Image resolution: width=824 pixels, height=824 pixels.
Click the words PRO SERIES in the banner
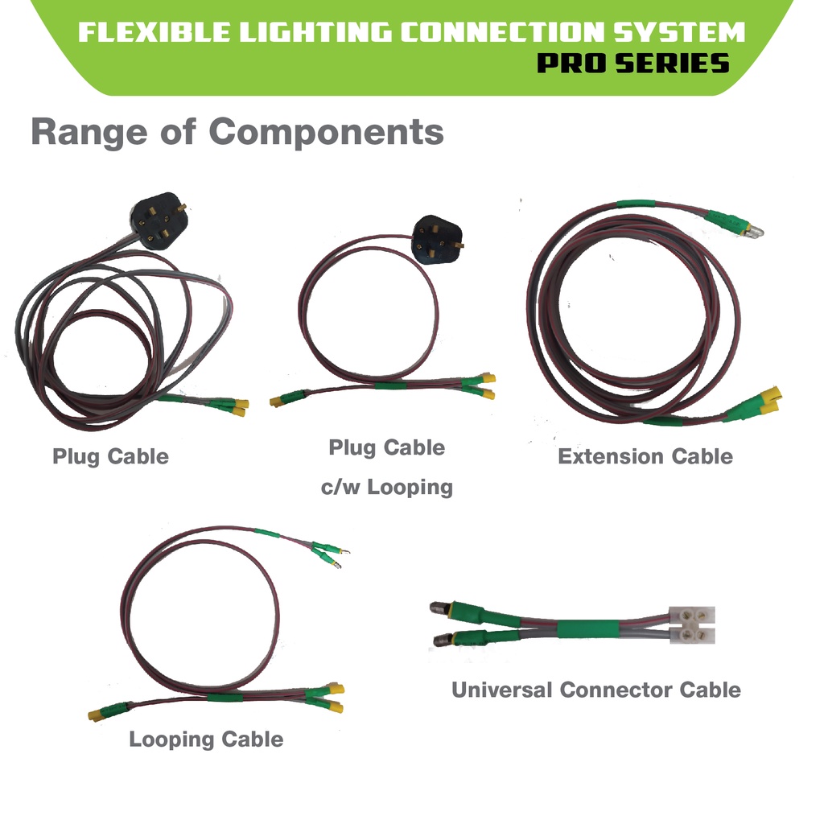tap(633, 63)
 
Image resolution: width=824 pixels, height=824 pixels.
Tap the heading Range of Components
tap(237, 132)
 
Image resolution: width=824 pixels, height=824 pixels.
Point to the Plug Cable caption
tap(110, 456)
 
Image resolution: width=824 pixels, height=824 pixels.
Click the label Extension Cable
tap(645, 456)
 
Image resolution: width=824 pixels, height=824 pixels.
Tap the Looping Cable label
tap(206, 739)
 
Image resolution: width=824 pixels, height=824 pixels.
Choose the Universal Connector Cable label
tap(595, 690)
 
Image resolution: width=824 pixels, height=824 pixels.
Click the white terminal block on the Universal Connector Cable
tap(691, 625)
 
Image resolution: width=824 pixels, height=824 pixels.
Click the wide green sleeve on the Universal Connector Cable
tap(584, 628)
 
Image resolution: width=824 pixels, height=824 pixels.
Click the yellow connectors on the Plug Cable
tap(239, 407)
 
